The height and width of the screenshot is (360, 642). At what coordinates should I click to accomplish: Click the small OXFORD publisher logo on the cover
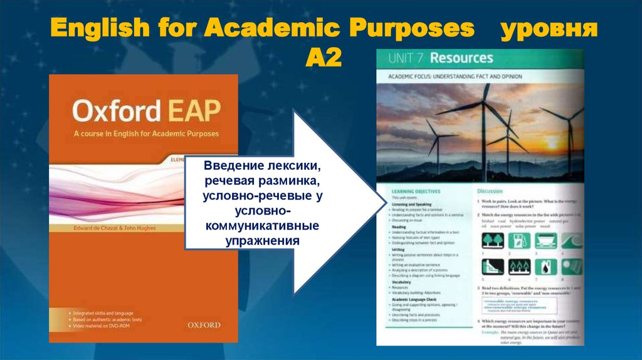click(204, 324)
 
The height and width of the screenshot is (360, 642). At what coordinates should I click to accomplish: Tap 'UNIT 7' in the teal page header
click(406, 59)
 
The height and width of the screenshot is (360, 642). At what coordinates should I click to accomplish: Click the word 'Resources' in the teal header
click(461, 59)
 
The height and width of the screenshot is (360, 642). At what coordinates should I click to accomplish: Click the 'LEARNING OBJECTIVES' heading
click(416, 190)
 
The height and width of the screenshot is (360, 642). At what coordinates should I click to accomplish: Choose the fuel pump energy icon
click(519, 241)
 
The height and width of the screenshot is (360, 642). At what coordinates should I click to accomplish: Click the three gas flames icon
click(520, 267)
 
